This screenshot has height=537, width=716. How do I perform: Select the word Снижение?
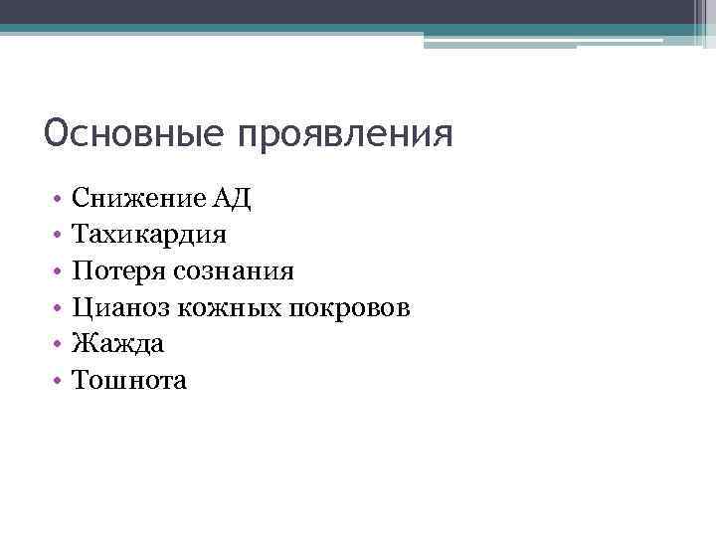click(138, 198)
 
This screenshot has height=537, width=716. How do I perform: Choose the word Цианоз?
click(121, 307)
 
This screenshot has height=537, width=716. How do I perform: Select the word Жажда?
click(118, 344)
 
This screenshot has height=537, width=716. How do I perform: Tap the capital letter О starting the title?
click(57, 132)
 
